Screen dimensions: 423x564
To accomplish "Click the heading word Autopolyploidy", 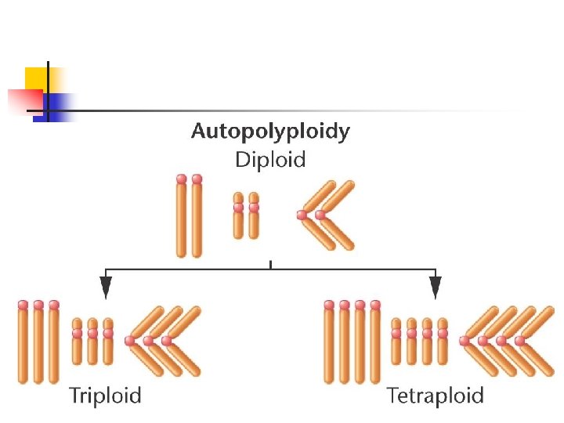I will tap(270, 132).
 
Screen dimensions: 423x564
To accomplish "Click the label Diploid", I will tap(270, 160).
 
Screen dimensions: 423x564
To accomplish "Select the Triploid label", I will tap(106, 395).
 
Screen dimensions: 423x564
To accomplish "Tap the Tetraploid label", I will tap(436, 395).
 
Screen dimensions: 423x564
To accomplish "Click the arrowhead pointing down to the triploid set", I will tap(106, 287).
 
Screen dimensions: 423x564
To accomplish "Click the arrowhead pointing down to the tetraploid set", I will tap(436, 287).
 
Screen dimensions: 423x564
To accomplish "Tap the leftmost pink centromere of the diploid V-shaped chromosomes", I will tap(302, 215).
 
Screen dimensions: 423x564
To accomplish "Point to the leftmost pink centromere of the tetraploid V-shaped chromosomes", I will tap(465, 341).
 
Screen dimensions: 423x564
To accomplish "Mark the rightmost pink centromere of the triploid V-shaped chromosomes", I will tap(166, 341).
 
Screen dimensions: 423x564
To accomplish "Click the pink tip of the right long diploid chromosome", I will tap(197, 179).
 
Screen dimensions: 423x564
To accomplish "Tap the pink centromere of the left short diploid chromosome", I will tap(238, 208).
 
